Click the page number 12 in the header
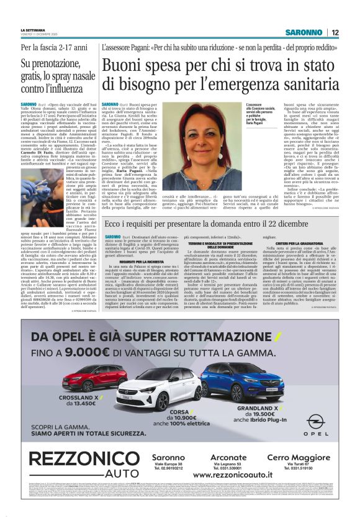335,32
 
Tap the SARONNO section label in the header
304,32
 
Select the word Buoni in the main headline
125,65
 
